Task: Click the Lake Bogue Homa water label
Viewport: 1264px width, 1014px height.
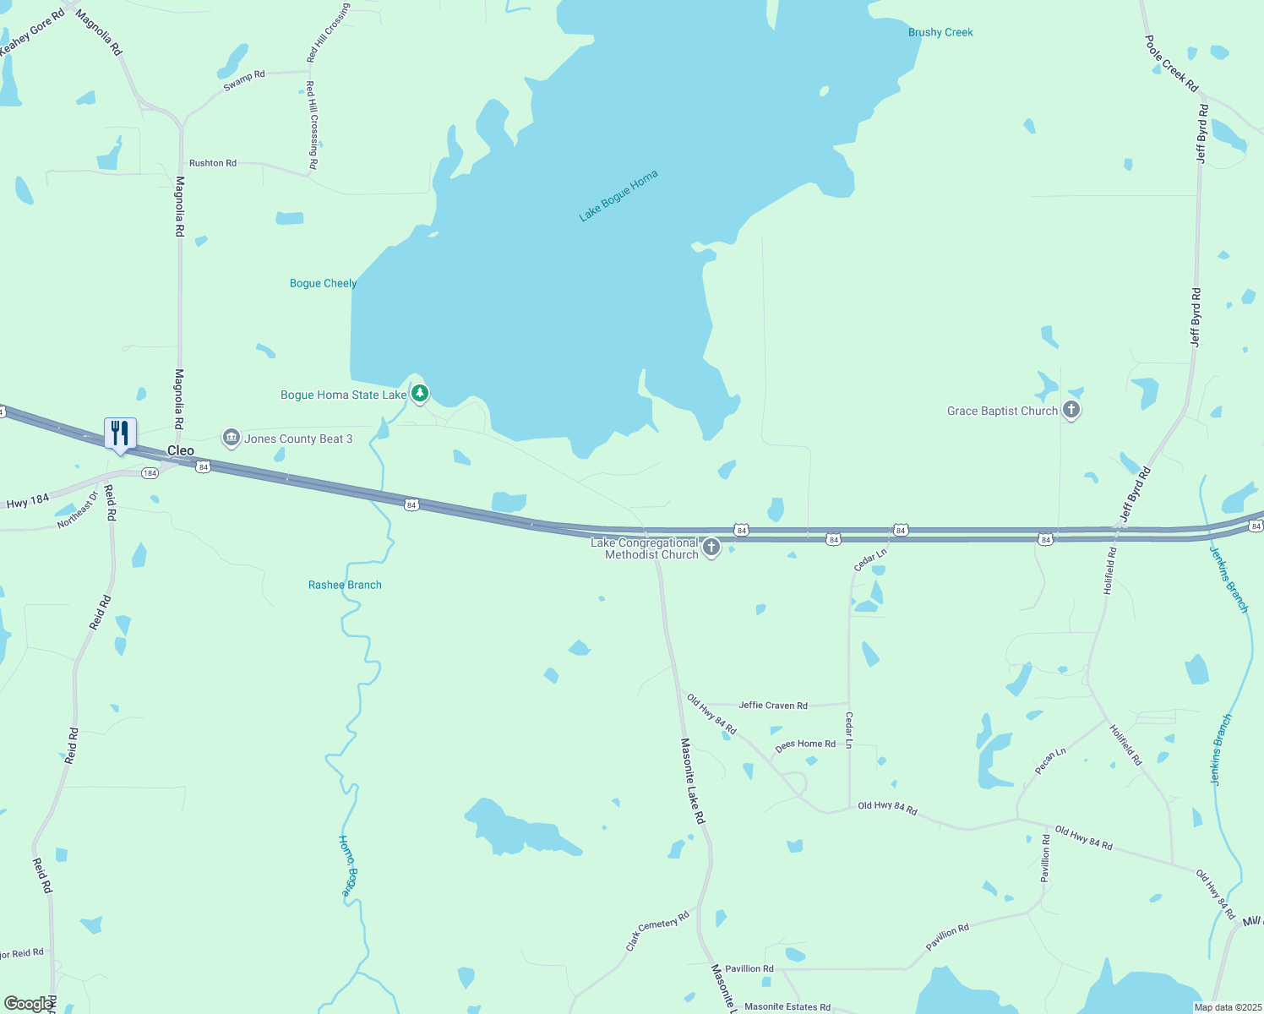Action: click(x=618, y=196)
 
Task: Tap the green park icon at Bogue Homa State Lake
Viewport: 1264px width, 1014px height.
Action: click(x=420, y=394)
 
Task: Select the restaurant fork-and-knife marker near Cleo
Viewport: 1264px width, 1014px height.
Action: click(x=120, y=434)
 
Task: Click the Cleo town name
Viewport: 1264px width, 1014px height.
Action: click(x=180, y=451)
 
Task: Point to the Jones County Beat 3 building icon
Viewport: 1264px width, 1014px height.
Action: click(x=232, y=438)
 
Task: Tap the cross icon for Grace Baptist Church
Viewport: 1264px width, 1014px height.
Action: click(x=1071, y=412)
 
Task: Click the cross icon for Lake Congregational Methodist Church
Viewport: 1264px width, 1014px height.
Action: click(x=711, y=548)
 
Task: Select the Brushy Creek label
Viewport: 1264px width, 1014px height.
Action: click(x=940, y=33)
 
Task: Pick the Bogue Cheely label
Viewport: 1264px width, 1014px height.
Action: click(x=323, y=284)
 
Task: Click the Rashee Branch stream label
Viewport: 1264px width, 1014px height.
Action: click(x=345, y=585)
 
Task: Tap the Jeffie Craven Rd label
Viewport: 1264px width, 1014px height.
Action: click(x=773, y=706)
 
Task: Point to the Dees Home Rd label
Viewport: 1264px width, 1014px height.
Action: click(x=805, y=744)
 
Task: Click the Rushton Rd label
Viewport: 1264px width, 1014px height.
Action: click(x=213, y=163)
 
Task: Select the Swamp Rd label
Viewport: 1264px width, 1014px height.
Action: click(x=244, y=80)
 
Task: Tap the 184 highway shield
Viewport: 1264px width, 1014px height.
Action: click(x=150, y=473)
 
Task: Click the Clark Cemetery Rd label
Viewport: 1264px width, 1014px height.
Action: click(x=657, y=931)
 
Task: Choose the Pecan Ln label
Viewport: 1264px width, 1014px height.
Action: click(x=1050, y=761)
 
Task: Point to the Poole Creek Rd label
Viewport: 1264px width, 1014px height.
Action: click(x=1171, y=63)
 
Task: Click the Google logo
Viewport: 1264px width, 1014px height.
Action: click(x=29, y=1004)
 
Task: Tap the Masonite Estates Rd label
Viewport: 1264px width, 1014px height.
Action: click(x=787, y=1007)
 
